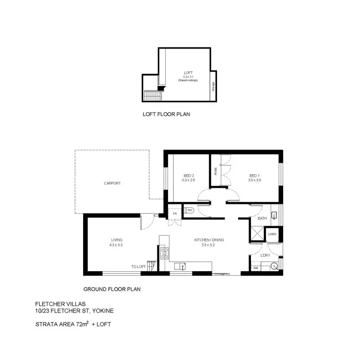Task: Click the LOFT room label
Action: pyautogui.click(x=188, y=72)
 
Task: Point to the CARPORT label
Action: pyautogui.click(x=111, y=183)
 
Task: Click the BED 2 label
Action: pyautogui.click(x=188, y=176)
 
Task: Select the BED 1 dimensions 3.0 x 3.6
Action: pyautogui.click(x=255, y=180)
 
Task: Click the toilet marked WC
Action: pyautogui.click(x=190, y=210)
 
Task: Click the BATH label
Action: pyautogui.click(x=262, y=219)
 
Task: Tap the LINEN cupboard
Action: pyautogui.click(x=272, y=234)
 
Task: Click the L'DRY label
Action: pyautogui.click(x=265, y=255)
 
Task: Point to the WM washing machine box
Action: pyautogui.click(x=255, y=268)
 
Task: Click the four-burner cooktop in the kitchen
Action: pyautogui.click(x=164, y=252)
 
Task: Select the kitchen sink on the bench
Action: pyautogui.click(x=183, y=265)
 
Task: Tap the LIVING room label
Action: pyautogui.click(x=117, y=240)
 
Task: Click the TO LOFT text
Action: pyautogui.click(x=138, y=266)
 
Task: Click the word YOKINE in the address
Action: pyautogui.click(x=103, y=311)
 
